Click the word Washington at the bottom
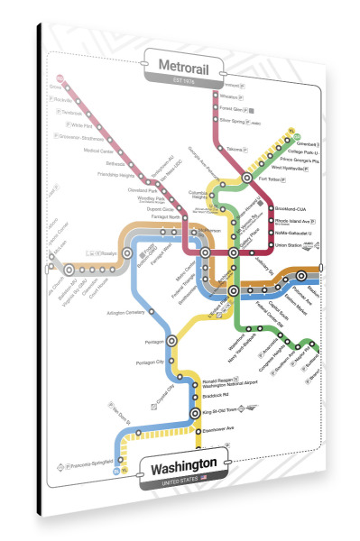(186, 470)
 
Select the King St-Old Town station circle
(194, 414)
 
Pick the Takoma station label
(236, 148)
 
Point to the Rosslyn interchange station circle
(127, 253)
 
